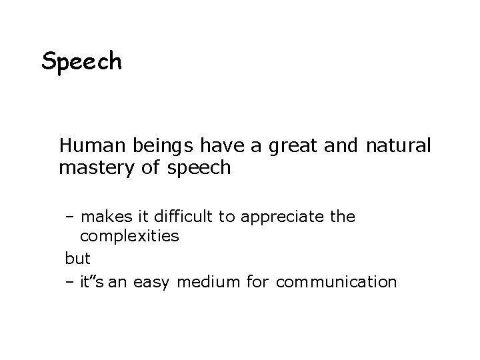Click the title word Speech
pos(81,63)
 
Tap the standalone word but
pos(77,257)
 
